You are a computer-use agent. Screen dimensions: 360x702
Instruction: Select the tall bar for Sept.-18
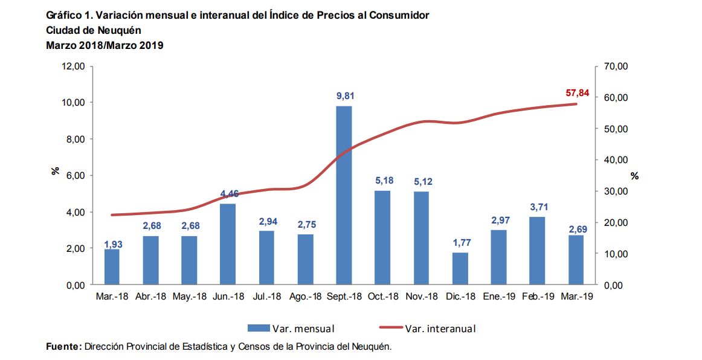[x=344, y=195]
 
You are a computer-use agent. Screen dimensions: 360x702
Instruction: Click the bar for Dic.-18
[x=460, y=268]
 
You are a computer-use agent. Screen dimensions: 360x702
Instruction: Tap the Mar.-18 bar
[x=111, y=267]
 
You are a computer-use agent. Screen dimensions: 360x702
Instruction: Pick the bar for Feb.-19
[x=537, y=251]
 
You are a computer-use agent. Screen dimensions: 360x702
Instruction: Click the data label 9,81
[x=344, y=95]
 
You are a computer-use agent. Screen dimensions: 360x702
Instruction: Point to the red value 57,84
[x=577, y=93]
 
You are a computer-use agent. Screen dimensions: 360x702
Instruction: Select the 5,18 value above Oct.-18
[x=382, y=180]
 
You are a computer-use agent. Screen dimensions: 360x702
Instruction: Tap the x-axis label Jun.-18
[x=228, y=297]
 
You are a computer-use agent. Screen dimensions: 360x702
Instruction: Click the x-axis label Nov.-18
[x=422, y=297]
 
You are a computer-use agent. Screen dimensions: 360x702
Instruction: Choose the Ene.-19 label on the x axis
[x=499, y=297]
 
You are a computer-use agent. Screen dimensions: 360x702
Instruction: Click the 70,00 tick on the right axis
[x=616, y=66]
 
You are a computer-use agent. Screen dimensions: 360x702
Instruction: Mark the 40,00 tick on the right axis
[x=616, y=159]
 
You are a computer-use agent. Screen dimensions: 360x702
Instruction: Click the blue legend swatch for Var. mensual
[x=258, y=328]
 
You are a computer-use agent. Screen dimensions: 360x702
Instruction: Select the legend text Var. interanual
[x=440, y=329]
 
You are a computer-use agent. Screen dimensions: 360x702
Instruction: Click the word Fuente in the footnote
[x=63, y=346]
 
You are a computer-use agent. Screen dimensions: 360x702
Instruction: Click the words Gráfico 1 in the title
[x=66, y=15]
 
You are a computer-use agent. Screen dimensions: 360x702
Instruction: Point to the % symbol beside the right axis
[x=634, y=176]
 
